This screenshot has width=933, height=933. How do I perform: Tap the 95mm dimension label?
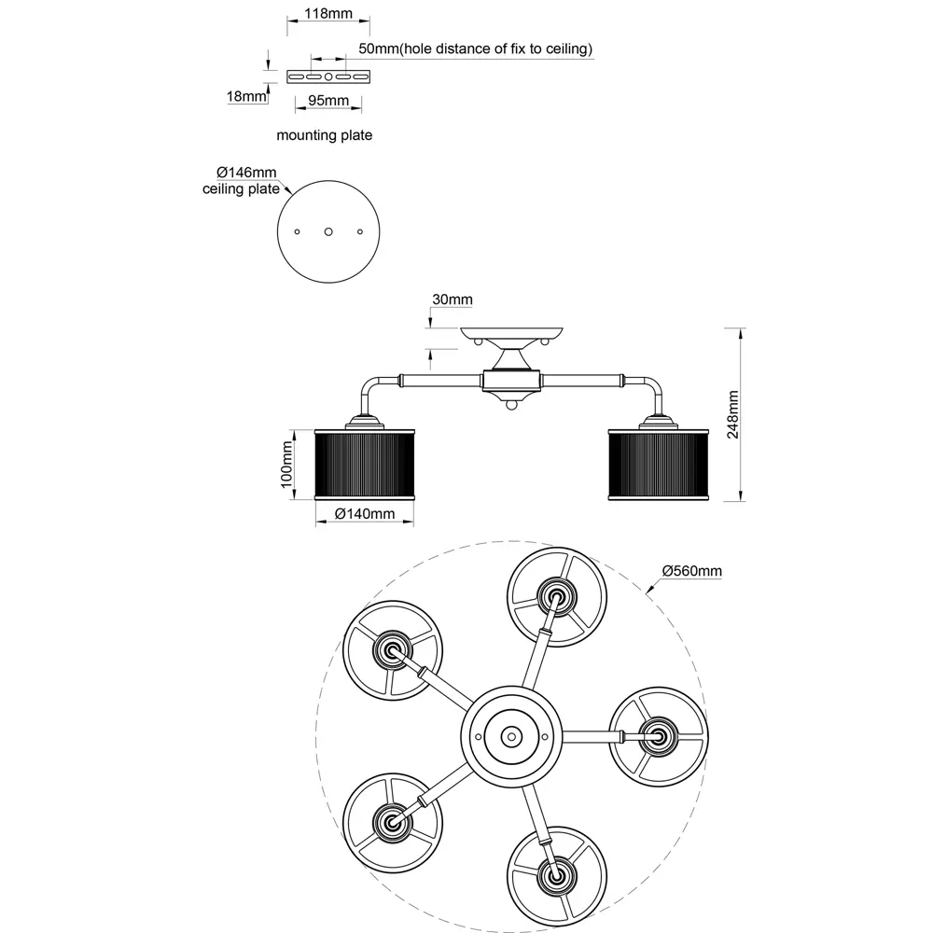pos(327,101)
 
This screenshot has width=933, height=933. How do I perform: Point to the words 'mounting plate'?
pos(324,135)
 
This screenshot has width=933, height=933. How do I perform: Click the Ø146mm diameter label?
pos(246,173)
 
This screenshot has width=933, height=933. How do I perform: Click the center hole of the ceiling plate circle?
pos(328,230)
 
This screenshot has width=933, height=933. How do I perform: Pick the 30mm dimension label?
pos(452,299)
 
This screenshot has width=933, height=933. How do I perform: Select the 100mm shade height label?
pos(286,464)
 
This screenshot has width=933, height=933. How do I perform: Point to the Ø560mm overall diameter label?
pos(691,571)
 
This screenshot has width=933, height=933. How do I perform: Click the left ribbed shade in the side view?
pos(364,464)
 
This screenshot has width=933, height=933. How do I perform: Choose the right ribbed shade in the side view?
pos(659,464)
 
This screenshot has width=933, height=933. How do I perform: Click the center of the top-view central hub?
pos(510,736)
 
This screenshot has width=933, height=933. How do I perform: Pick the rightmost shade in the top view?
pos(658,735)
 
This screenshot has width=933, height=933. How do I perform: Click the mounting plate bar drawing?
pos(328,75)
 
